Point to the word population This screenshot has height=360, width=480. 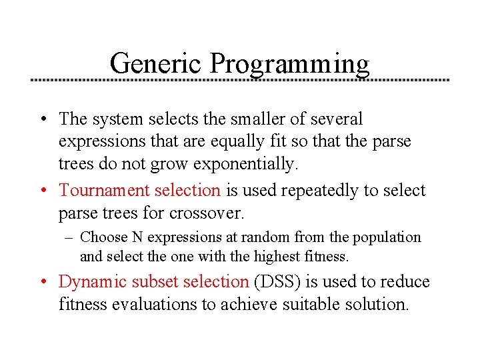389,238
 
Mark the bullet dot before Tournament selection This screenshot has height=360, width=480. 43,191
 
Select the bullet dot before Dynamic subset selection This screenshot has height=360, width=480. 43,283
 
